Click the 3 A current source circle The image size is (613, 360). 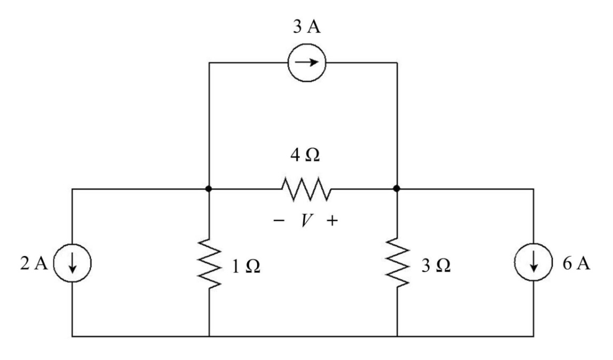click(307, 44)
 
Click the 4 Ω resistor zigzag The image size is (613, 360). click(306, 189)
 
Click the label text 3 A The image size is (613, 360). click(307, 27)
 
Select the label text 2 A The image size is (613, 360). click(34, 263)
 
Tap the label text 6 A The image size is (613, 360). click(577, 263)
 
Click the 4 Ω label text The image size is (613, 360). click(305, 156)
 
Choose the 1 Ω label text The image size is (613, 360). click(246, 266)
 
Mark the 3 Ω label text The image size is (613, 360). click(436, 266)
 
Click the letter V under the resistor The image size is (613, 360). click(306, 221)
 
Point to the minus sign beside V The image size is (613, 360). click(279, 221)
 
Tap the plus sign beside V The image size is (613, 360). click(332, 221)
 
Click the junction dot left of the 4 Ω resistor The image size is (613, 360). click(209, 189)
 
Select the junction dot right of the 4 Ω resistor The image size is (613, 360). click(397, 189)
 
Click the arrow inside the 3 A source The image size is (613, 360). click(306, 62)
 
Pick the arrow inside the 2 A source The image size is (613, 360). click(72, 263)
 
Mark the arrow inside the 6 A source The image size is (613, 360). click(534, 262)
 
